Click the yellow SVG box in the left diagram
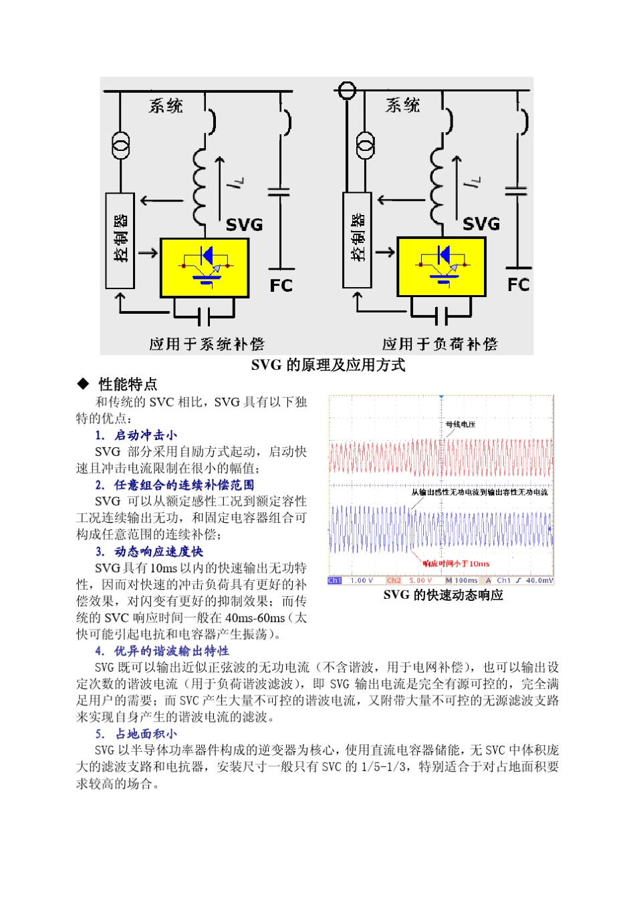[205, 268]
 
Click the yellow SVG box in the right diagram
[441, 266]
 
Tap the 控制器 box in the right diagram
[357, 240]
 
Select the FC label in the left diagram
[281, 286]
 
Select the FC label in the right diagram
[519, 285]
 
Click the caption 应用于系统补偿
[207, 344]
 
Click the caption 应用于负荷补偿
[440, 344]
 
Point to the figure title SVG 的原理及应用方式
[328, 365]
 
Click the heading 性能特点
[128, 384]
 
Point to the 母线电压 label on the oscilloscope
[461, 424]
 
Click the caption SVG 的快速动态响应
[442, 595]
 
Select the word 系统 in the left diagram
[166, 105]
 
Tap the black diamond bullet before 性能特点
[83, 384]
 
